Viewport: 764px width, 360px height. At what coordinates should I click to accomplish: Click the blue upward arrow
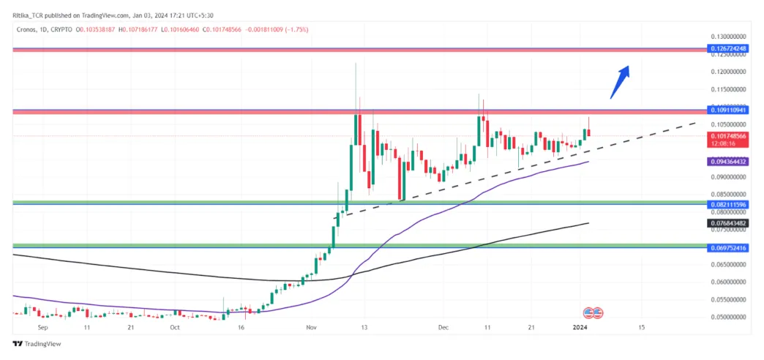click(620, 80)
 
